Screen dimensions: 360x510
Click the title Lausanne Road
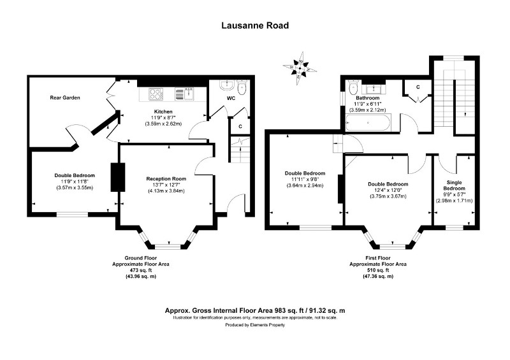click(x=254, y=26)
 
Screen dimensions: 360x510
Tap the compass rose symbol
click(x=300, y=66)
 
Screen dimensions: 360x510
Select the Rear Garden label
click(x=64, y=97)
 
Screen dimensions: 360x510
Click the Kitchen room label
click(x=159, y=111)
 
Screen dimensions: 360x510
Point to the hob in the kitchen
click(x=156, y=94)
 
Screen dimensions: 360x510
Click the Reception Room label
click(x=166, y=178)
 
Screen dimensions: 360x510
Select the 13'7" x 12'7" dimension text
click(x=166, y=184)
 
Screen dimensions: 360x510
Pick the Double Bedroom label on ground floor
click(x=75, y=175)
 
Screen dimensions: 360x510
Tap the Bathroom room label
click(x=367, y=97)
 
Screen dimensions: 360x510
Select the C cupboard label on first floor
click(x=418, y=87)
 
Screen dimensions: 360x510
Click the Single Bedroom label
click(x=454, y=185)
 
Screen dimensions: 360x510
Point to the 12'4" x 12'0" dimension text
click(x=388, y=190)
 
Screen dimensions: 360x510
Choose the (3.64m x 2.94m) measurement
click(x=305, y=185)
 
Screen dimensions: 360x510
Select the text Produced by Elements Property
click(x=254, y=325)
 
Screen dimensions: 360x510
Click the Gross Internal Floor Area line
click(x=254, y=310)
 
